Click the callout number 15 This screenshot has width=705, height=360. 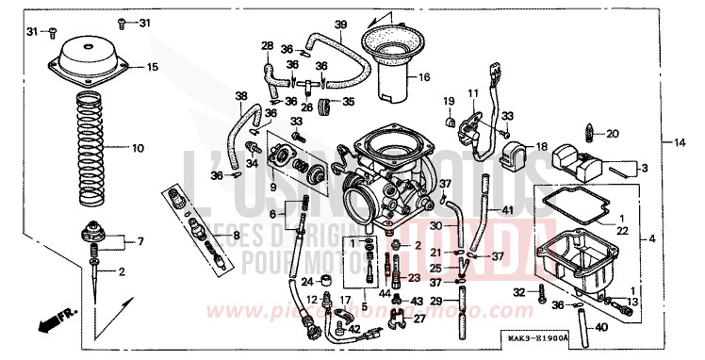[152, 67]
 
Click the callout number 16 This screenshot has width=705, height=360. [424, 76]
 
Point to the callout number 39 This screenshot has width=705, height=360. [340, 24]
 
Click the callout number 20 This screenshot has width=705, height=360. [614, 134]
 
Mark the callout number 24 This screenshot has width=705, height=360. [307, 281]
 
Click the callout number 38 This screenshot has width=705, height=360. [240, 96]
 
